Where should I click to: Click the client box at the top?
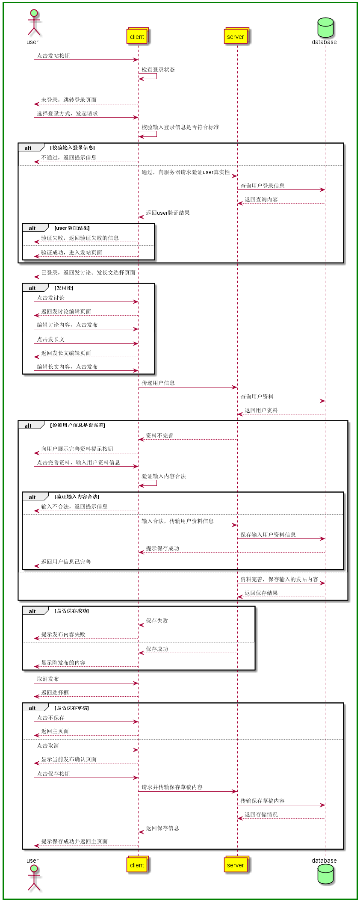click(137, 36)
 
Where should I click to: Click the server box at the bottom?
click(236, 865)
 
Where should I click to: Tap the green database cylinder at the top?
click(325, 28)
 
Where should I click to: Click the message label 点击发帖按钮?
click(53, 56)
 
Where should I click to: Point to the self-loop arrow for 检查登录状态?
click(148, 76)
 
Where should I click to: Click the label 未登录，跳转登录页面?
click(69, 100)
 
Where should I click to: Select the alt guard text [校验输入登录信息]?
click(72, 148)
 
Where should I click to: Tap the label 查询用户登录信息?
click(263, 186)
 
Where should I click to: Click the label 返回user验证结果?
click(168, 213)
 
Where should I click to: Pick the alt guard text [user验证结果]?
click(72, 228)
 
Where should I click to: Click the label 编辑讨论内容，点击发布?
click(67, 325)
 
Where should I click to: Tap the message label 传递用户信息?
click(158, 383)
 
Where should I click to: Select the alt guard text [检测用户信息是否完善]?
click(77, 425)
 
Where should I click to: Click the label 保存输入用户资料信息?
click(268, 535)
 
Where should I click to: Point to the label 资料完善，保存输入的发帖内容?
click(279, 579)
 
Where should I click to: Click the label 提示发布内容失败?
click(63, 634)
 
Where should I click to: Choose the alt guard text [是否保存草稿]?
click(72, 708)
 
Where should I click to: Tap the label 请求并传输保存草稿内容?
click(172, 787)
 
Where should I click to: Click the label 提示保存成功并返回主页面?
click(74, 841)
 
